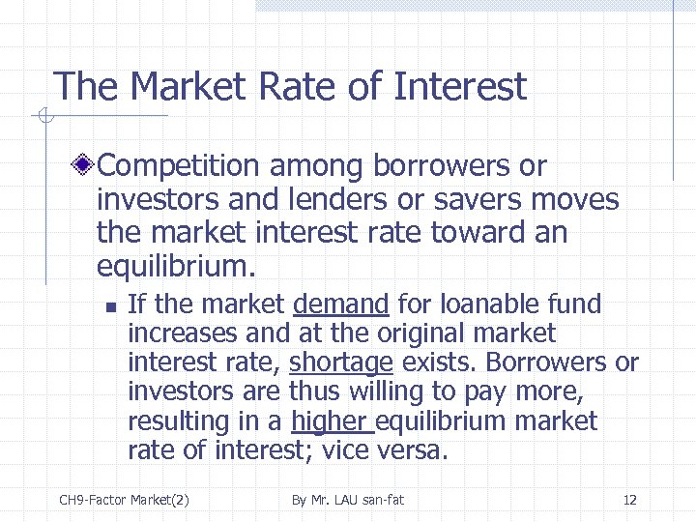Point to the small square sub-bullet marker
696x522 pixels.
(x=110, y=306)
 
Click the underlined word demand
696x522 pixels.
(x=340, y=304)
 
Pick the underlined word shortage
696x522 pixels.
(x=341, y=362)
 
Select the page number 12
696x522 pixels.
(x=629, y=500)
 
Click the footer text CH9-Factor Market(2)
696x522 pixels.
(x=124, y=500)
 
